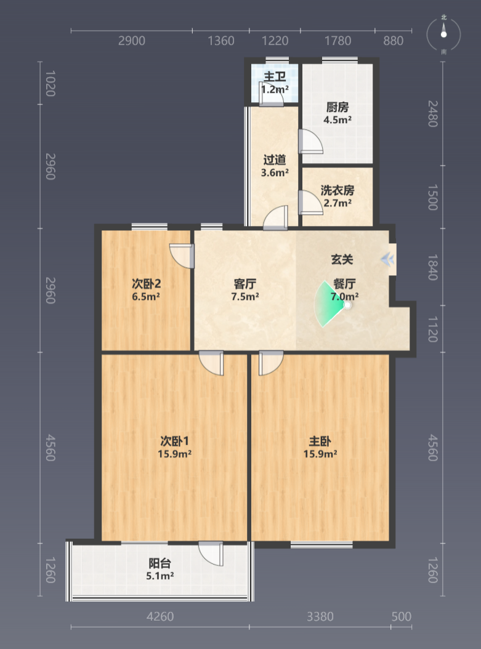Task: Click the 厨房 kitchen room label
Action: click(x=338, y=107)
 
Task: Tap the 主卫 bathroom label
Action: click(x=275, y=76)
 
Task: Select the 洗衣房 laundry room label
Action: click(x=338, y=190)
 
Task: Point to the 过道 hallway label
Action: click(x=275, y=159)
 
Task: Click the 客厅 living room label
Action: click(x=245, y=284)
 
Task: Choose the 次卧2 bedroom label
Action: click(x=146, y=284)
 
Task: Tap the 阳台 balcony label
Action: click(x=160, y=563)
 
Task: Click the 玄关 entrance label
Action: click(x=342, y=259)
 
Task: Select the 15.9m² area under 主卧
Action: click(x=320, y=454)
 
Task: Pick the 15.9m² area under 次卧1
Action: click(x=174, y=454)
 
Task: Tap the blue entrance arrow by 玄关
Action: click(x=387, y=259)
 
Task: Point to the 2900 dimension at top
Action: click(x=132, y=41)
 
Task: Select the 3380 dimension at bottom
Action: click(x=320, y=617)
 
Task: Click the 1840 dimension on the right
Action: click(x=432, y=267)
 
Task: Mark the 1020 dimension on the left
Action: click(x=50, y=83)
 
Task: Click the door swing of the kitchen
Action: click(x=310, y=142)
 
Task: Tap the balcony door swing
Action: click(x=211, y=554)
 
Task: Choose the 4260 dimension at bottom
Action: click(x=160, y=617)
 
